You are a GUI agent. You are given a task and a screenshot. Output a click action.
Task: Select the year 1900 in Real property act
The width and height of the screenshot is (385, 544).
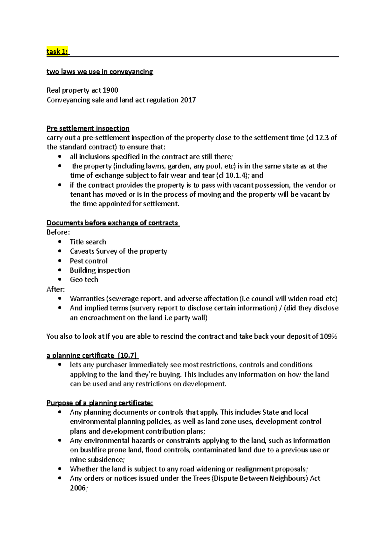pyautogui.click(x=110, y=90)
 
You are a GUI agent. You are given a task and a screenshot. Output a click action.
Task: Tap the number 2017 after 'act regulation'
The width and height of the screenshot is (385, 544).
pyautogui.click(x=188, y=100)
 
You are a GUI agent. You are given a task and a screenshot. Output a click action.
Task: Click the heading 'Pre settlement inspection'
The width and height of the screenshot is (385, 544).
pyautogui.click(x=88, y=128)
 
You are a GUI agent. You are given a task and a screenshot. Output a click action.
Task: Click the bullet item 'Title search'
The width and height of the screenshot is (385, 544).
pyautogui.click(x=88, y=242)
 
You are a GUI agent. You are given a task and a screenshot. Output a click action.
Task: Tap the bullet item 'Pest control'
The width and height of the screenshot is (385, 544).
pyautogui.click(x=89, y=261)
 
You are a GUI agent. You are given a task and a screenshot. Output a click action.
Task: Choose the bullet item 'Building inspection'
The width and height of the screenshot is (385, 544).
pyautogui.click(x=100, y=270)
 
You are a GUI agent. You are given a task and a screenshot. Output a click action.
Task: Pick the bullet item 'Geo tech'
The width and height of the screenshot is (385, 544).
pyautogui.click(x=84, y=280)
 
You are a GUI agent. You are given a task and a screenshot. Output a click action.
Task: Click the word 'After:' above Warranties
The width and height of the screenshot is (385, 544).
pyautogui.click(x=56, y=289)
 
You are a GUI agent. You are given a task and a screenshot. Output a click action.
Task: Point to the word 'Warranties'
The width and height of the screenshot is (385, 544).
pyautogui.click(x=87, y=299)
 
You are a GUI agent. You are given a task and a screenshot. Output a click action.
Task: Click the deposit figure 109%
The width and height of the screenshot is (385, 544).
pyautogui.click(x=329, y=336)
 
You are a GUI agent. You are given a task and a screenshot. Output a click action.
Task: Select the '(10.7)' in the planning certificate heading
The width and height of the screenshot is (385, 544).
pyautogui.click(x=127, y=356)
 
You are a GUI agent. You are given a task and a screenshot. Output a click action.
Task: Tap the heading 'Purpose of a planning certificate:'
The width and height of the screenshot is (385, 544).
pyautogui.click(x=100, y=403)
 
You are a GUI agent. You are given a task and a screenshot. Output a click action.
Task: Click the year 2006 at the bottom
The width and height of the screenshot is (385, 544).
pyautogui.click(x=78, y=488)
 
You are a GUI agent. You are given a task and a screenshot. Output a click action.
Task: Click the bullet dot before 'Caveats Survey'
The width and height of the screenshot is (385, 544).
pyautogui.click(x=60, y=251)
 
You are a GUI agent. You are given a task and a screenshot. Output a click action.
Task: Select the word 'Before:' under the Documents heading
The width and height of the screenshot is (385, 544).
pyautogui.click(x=58, y=232)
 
